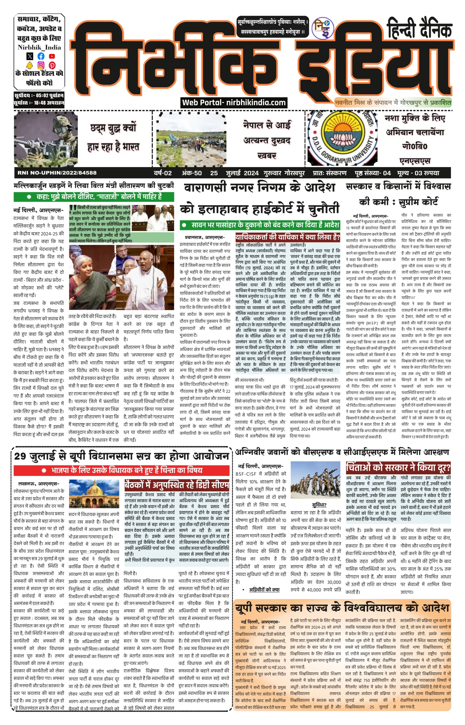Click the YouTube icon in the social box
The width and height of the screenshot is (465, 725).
[52, 56]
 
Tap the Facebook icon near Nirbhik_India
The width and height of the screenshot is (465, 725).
[41, 56]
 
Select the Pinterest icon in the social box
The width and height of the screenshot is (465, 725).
[52, 65]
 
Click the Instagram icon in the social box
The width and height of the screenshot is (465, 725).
[41, 65]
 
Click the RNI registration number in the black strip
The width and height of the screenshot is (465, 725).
[57, 173]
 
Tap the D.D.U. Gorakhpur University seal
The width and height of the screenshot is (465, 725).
[342, 139]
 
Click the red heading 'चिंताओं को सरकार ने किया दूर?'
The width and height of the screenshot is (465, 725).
[398, 468]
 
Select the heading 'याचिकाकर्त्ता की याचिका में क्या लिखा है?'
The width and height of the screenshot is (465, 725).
[287, 237]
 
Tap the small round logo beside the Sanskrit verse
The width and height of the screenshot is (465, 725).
[323, 28]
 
